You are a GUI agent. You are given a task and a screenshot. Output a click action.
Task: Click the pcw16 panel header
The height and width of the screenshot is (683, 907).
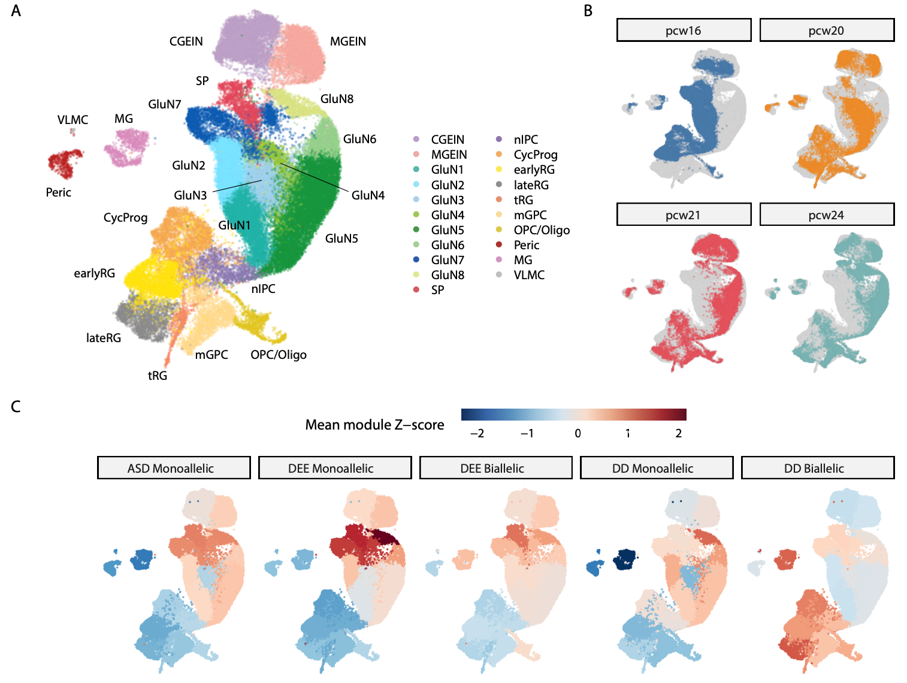684,31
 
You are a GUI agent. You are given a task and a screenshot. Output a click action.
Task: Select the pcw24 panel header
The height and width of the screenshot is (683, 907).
826,215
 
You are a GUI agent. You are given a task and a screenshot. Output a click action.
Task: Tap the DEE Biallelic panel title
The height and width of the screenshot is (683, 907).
492,469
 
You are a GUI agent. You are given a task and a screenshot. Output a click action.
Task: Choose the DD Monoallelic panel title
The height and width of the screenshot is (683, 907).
652,469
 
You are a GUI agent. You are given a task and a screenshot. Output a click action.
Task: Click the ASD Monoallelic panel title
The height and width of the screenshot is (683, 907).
170,469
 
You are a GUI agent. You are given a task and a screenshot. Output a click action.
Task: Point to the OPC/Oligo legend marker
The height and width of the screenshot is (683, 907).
499,230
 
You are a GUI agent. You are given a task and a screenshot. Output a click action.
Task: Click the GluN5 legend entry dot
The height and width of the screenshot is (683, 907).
416,230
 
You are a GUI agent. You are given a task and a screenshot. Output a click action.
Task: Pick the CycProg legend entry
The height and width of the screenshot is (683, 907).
535,155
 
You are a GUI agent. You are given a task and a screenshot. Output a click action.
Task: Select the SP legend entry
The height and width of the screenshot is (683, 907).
437,290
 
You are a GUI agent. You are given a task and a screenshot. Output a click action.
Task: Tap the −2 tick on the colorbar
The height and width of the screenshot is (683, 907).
477,433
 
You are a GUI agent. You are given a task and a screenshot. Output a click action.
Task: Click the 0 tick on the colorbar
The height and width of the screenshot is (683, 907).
578,433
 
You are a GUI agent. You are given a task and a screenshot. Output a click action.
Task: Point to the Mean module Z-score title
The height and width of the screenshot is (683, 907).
374,425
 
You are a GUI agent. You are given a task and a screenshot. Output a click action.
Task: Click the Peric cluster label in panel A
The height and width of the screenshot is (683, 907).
58,192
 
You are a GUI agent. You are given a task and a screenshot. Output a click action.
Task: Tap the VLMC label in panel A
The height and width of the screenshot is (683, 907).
72,120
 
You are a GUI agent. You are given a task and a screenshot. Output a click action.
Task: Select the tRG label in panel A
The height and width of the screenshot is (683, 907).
158,376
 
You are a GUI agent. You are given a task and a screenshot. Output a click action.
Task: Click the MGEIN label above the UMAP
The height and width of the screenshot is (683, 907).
348,41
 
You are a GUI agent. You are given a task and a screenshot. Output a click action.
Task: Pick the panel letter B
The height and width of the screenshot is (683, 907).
588,11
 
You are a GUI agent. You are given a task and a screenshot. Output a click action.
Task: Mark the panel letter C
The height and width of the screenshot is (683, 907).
16,407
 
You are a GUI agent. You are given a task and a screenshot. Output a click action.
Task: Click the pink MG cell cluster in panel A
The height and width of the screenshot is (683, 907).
126,147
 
